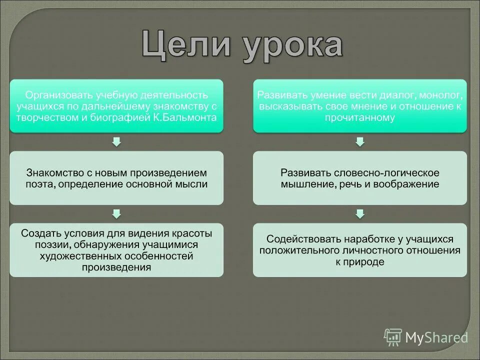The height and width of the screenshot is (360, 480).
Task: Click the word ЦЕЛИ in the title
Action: click(x=188, y=46)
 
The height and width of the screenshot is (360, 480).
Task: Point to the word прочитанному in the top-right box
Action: click(x=360, y=118)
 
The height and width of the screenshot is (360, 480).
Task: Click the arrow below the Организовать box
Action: click(x=116, y=142)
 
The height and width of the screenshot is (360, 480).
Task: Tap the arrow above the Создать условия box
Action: click(x=116, y=214)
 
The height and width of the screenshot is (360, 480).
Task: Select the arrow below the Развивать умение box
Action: click(x=360, y=142)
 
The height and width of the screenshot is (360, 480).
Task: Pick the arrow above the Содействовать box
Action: click(x=360, y=214)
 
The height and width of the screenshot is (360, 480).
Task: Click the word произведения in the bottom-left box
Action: click(x=116, y=267)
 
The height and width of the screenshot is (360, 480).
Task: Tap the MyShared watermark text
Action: click(x=436, y=337)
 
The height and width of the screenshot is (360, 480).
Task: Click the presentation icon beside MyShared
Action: click(x=393, y=337)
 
